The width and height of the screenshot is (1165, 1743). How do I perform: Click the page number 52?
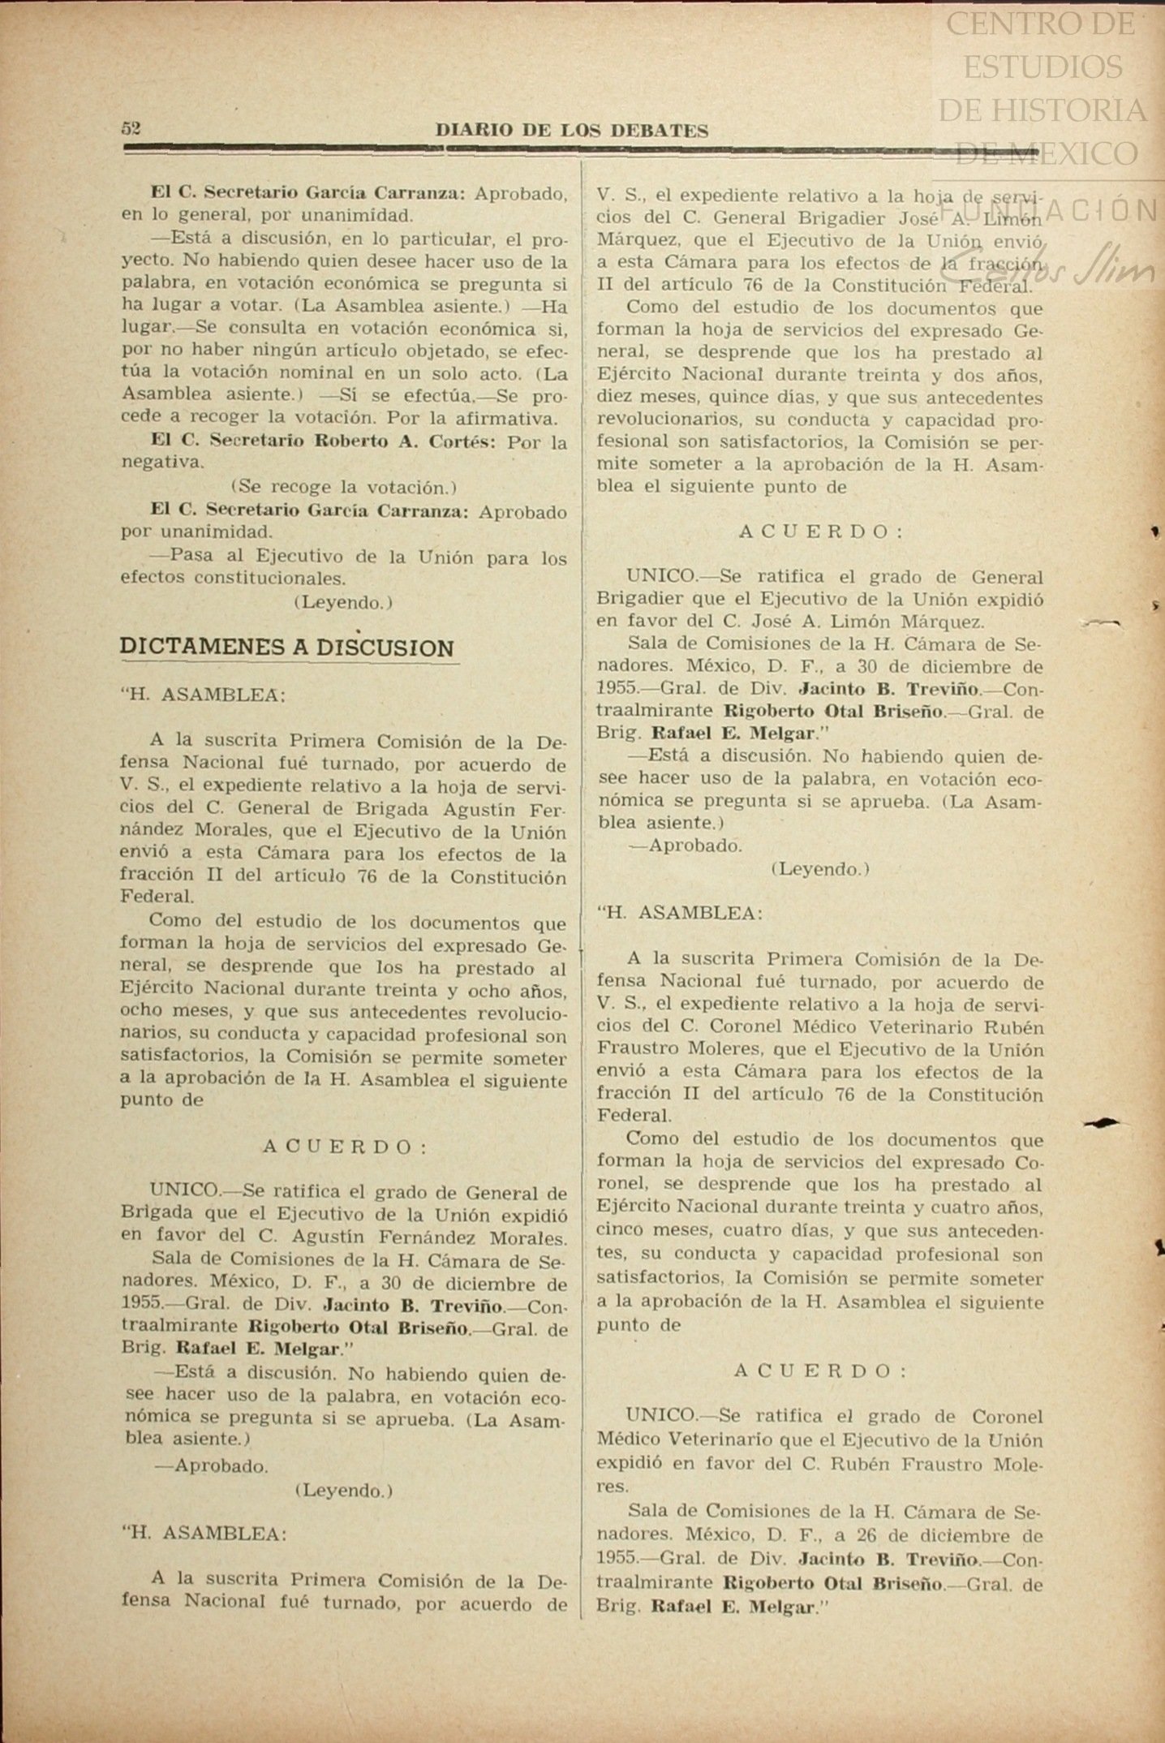(x=131, y=128)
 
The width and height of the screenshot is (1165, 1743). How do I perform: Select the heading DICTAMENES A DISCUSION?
(x=287, y=648)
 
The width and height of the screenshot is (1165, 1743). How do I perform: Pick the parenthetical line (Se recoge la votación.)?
(x=344, y=488)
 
